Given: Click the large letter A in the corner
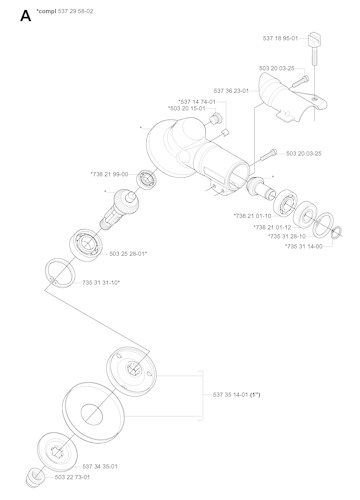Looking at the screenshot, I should pos(12,14).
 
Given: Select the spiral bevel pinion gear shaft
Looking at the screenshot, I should pos(119,209).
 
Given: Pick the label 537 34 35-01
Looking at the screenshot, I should pos(102,467).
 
